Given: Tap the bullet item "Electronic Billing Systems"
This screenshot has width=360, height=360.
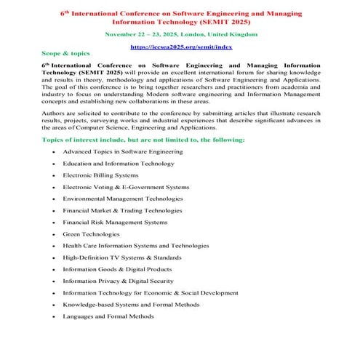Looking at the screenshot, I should (100, 175).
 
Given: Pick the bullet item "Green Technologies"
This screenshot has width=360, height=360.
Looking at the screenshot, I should (91, 234).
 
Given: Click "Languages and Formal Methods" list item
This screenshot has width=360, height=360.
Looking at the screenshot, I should (108, 316).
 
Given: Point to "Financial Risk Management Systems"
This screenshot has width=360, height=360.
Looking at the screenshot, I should (114, 223).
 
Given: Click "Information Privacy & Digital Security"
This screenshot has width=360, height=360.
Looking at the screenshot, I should (118, 281).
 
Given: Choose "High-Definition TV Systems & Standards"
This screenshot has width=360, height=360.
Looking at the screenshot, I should (121, 257).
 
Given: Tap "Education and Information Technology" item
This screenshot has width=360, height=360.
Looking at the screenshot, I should (119, 164).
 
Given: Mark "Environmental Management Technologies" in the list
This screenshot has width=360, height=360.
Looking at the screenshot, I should (123, 199).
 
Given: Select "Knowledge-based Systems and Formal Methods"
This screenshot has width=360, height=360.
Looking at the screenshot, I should (130, 305).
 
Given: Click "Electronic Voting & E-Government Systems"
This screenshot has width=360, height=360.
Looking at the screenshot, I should (125, 187).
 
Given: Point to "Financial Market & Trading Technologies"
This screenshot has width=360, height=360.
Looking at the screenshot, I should (122, 211).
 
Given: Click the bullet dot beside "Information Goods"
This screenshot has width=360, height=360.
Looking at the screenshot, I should (53, 270).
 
